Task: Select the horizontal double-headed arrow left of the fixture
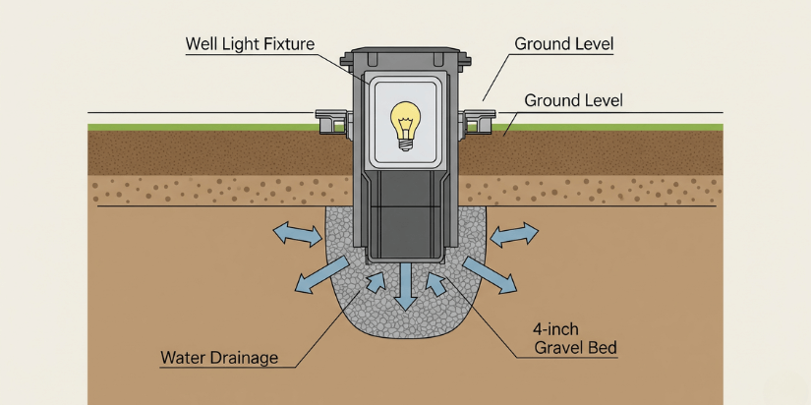(296, 234)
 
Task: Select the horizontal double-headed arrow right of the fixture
(514, 234)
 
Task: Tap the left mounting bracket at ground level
(331, 121)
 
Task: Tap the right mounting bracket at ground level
(477, 121)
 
